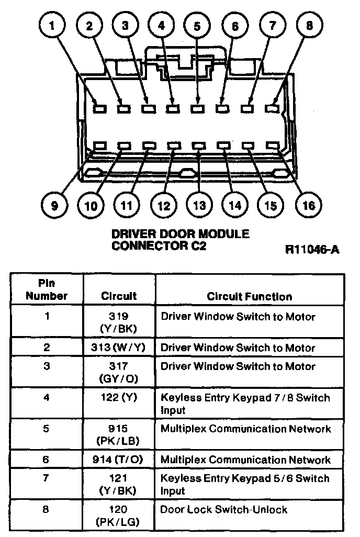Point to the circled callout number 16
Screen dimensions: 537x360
click(308, 205)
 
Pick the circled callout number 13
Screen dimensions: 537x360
click(199, 205)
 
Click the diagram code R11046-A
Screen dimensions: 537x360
click(312, 249)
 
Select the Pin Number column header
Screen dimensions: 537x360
click(47, 290)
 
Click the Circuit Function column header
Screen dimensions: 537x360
click(249, 296)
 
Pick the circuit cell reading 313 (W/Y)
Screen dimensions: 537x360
click(119, 348)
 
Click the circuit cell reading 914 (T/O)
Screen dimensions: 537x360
click(119, 460)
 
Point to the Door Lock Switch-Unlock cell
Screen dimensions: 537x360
click(224, 509)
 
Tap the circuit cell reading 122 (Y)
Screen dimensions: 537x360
click(119, 398)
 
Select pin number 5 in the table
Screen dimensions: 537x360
click(47, 429)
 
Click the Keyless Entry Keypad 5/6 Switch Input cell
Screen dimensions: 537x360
click(245, 484)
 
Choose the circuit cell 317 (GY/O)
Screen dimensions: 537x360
click(119, 372)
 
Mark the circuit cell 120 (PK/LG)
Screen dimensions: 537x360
click(119, 515)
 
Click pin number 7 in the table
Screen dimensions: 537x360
click(47, 478)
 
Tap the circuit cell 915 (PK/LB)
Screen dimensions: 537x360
click(119, 434)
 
